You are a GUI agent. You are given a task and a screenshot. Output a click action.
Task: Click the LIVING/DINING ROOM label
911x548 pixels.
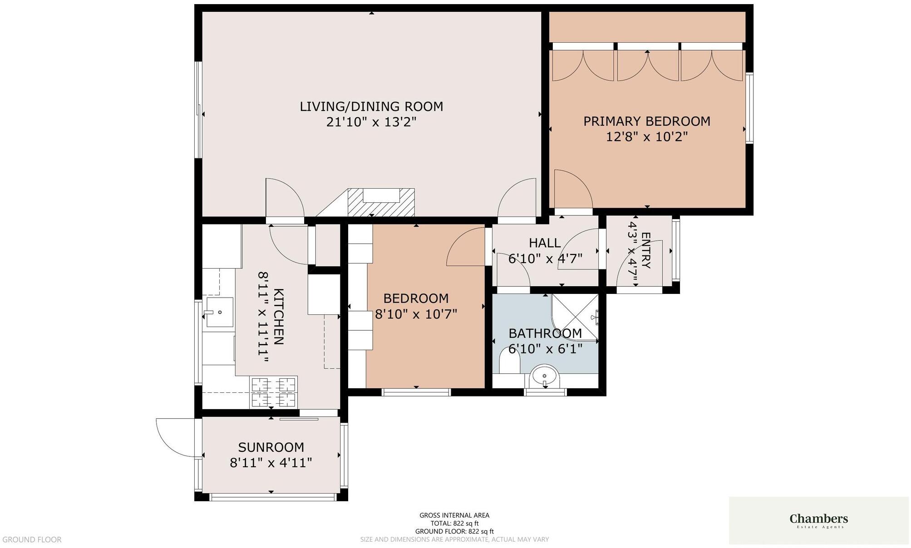pos(371,107)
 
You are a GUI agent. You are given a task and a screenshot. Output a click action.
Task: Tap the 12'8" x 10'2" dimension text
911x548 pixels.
pos(647,137)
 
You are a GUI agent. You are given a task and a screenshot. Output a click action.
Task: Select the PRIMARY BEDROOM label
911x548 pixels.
pos(647,121)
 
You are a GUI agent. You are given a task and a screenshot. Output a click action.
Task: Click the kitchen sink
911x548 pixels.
pos(220,312)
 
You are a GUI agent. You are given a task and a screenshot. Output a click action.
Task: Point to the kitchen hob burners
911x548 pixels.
pos(274,392)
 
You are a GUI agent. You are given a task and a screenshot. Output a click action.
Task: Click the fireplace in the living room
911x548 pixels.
pos(381,202)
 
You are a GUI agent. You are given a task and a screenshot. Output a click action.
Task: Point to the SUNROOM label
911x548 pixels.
pos(271,447)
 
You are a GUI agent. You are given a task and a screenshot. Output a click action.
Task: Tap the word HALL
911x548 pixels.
pos(545,243)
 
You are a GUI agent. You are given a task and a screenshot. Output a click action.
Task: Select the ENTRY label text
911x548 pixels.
pos(646,250)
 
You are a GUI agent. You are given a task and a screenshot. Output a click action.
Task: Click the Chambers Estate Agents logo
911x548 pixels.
pos(819,520)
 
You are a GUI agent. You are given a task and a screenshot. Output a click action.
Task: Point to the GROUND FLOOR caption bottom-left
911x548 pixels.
pos(32,540)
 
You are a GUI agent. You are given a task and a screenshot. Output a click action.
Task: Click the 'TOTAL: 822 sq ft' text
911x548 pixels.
pos(454,524)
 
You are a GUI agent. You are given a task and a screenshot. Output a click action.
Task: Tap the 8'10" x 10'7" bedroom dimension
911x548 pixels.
pos(416,314)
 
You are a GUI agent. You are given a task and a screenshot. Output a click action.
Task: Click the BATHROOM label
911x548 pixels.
pos(545,333)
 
